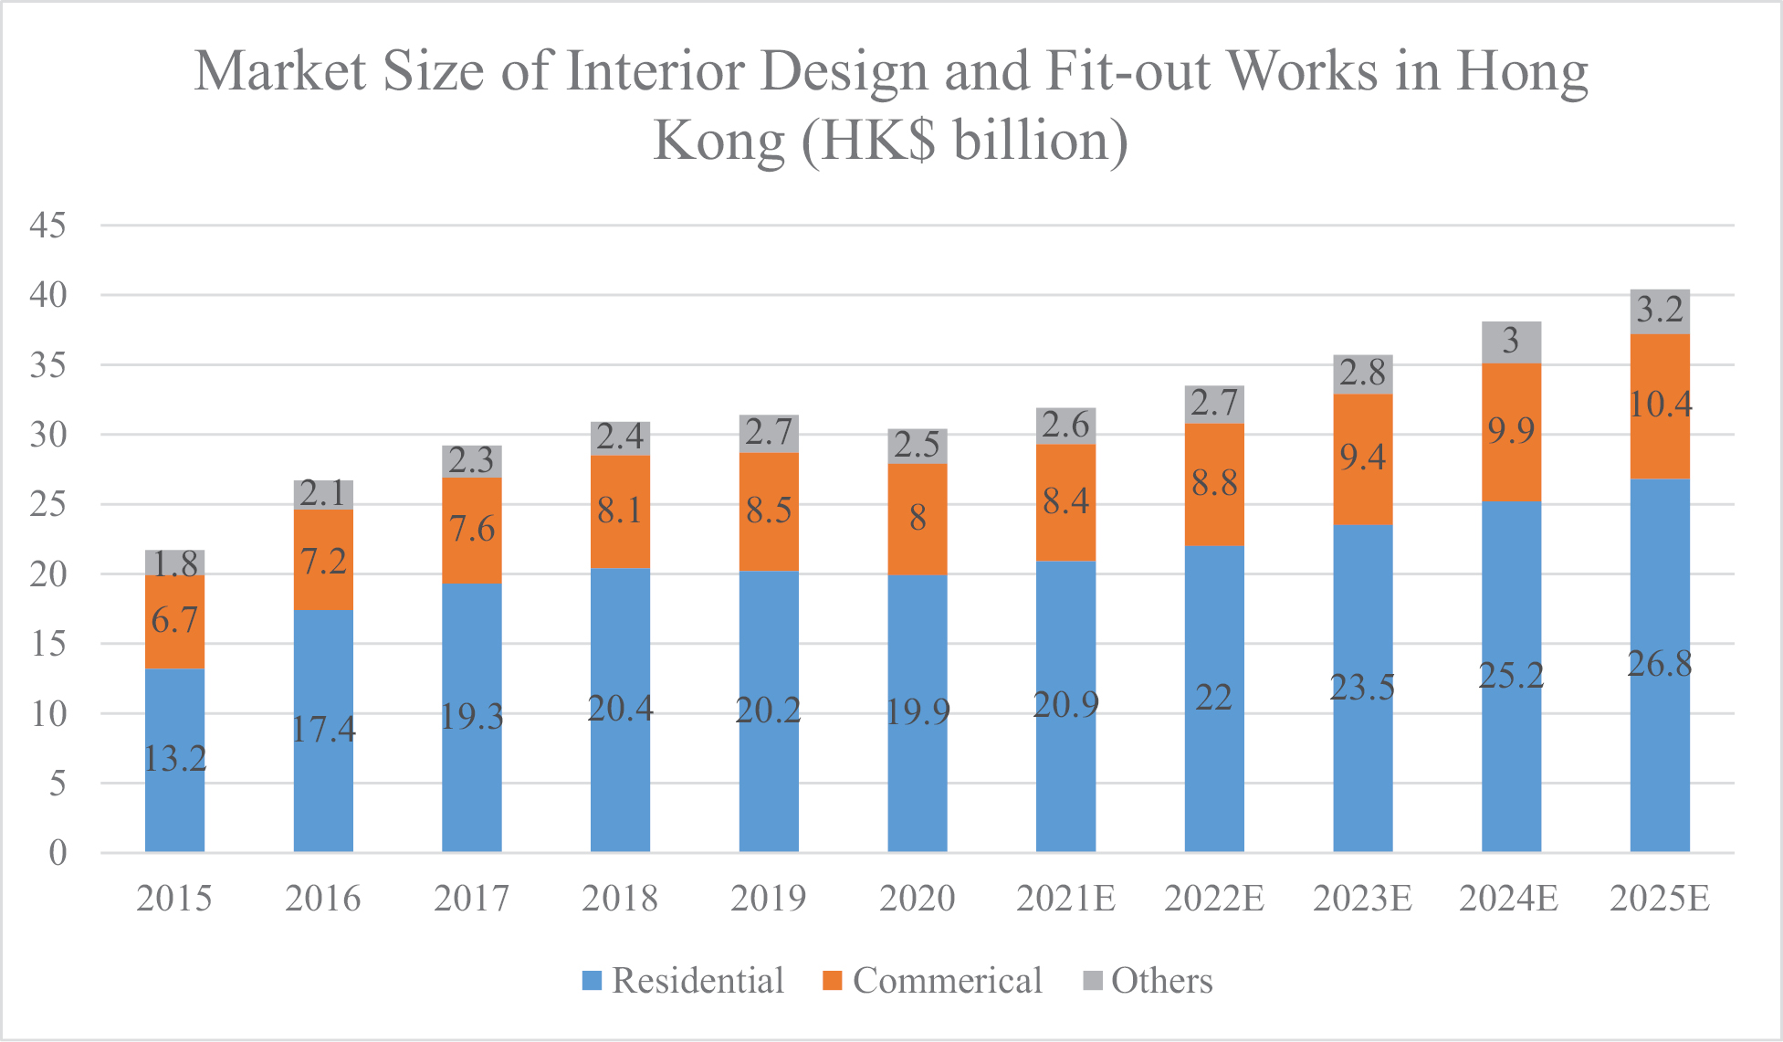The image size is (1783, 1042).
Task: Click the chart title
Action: tap(891, 105)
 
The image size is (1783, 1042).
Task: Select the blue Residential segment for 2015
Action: tap(174, 804)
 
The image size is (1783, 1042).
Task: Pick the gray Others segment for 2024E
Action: tap(1510, 342)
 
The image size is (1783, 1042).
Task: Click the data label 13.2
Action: tap(174, 758)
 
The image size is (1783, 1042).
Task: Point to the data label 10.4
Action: tap(1661, 404)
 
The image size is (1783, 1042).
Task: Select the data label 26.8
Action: tap(1659, 664)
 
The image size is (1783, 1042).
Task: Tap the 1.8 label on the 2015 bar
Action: tap(174, 564)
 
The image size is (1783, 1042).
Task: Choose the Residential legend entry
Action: tap(683, 981)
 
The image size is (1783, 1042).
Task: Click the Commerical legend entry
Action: tap(932, 981)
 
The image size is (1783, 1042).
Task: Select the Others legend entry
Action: tap(1148, 981)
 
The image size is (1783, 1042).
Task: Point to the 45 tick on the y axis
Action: tap(47, 225)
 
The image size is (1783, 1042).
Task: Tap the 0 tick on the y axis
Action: tap(58, 853)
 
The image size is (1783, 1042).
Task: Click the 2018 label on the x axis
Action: tap(620, 899)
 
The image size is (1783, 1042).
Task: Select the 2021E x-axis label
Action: tap(1065, 899)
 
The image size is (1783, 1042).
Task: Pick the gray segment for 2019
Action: tap(768, 434)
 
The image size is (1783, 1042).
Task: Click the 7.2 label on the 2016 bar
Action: tap(323, 561)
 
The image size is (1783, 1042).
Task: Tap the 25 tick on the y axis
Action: tap(47, 504)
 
